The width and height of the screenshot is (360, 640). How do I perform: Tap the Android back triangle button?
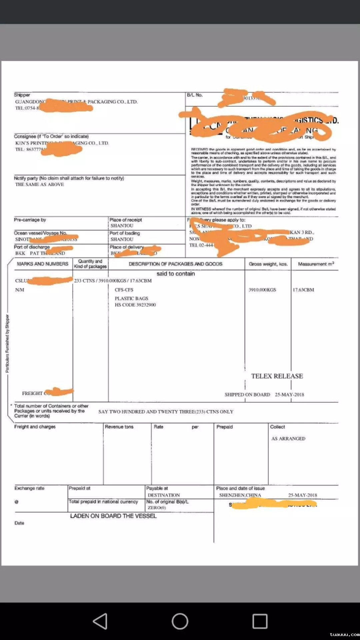[100, 621]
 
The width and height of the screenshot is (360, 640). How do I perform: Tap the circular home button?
[180, 621]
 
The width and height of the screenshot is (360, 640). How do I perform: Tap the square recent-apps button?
[260, 621]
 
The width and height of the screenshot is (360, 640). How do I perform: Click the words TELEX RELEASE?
[277, 376]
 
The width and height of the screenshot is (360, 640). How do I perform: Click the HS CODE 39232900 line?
[135, 305]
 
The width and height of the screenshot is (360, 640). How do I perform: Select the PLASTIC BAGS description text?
[131, 298]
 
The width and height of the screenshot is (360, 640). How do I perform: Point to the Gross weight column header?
[268, 264]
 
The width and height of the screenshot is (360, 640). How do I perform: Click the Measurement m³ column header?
[316, 264]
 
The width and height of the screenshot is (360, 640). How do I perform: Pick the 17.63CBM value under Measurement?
[303, 290]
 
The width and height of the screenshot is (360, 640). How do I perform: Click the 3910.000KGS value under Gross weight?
[262, 290]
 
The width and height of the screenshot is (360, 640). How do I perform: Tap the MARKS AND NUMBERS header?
[43, 264]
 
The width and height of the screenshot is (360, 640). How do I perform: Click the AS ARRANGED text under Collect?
[288, 439]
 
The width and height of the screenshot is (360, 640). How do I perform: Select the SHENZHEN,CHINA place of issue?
[240, 495]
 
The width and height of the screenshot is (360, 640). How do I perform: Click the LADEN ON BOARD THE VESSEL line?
[113, 516]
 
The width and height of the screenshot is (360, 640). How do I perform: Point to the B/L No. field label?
[195, 95]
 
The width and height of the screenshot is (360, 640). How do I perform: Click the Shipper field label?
[22, 95]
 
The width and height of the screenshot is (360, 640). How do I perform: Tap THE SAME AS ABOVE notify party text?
[40, 184]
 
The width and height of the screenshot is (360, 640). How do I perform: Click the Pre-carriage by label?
[30, 220]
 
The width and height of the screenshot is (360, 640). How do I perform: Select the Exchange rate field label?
[29, 488]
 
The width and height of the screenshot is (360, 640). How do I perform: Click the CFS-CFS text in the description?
[124, 290]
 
